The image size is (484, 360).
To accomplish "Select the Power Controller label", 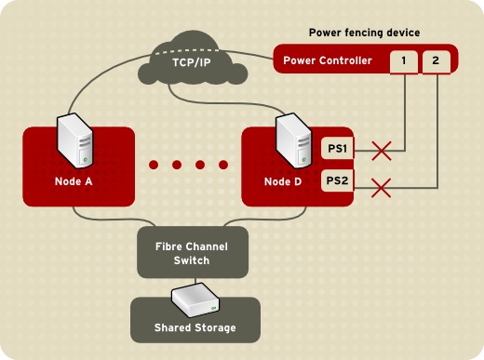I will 327,61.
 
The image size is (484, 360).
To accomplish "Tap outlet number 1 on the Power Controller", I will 404,61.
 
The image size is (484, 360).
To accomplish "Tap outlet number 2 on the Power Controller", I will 436,61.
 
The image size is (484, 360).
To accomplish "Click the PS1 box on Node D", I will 337,148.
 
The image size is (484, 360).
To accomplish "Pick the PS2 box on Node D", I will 337,180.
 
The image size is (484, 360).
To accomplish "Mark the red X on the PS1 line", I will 380,148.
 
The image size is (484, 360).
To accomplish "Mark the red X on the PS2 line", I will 380,187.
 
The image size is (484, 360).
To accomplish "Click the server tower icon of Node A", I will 74,140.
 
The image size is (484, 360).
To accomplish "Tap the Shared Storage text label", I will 195,328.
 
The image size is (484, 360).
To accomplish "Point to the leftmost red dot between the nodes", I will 155,166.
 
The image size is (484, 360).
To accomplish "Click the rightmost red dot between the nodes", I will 223,166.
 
